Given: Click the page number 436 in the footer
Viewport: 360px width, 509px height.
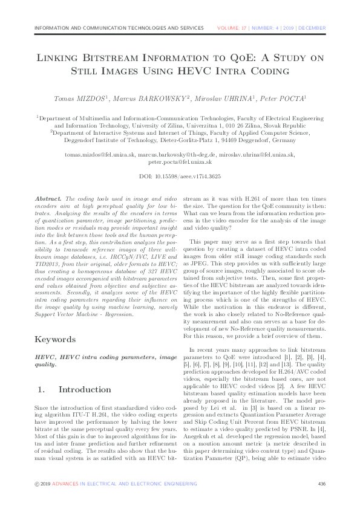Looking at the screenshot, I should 321,484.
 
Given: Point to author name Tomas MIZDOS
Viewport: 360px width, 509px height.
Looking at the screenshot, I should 77,98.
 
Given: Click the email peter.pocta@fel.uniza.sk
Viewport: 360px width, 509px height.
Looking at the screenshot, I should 180,162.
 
